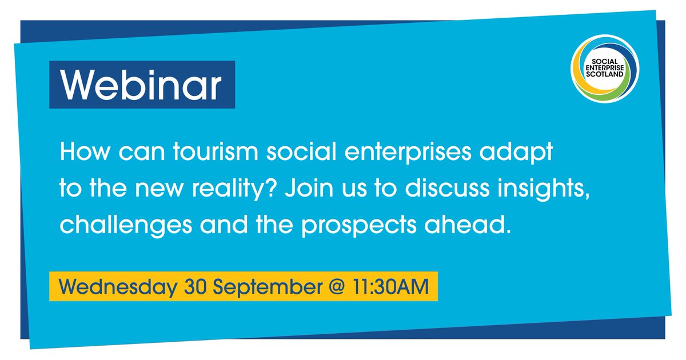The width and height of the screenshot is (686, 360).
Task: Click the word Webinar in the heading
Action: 142,86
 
